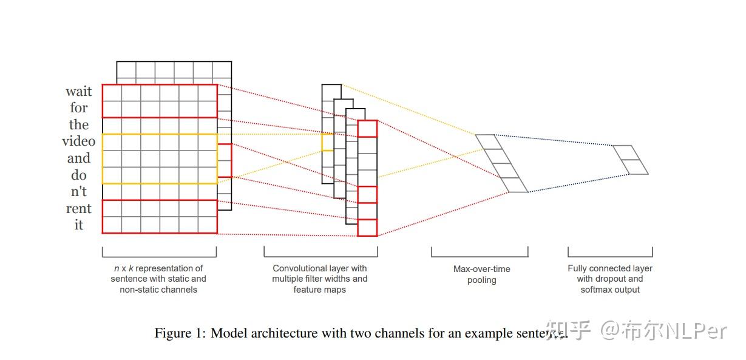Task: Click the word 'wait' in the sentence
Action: (x=79, y=92)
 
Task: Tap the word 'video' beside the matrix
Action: (x=79, y=141)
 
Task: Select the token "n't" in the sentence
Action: (x=79, y=192)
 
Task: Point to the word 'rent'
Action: (x=79, y=209)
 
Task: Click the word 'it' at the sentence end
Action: (x=79, y=225)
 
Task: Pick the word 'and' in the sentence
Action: (x=79, y=158)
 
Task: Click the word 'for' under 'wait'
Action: (x=79, y=108)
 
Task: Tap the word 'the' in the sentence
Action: (x=79, y=125)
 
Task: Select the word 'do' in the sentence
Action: (x=79, y=175)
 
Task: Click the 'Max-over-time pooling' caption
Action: (x=482, y=274)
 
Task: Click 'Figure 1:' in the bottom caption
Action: (x=180, y=333)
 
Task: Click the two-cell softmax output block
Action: (x=631, y=160)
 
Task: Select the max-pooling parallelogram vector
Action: (x=502, y=163)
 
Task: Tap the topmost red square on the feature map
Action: (x=367, y=129)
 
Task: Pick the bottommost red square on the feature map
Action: (x=367, y=228)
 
